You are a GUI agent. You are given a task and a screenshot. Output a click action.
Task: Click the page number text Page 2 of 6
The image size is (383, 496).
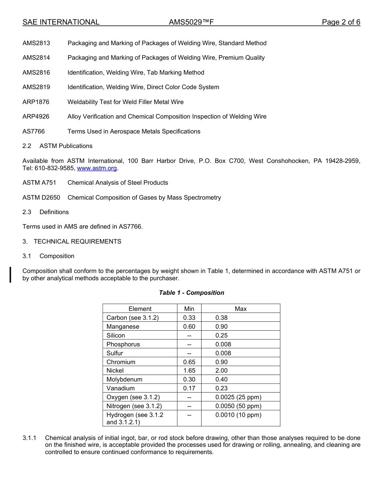pyautogui.click(x=341, y=22)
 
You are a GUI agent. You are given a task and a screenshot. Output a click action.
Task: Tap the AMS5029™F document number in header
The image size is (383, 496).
pyautogui.click(x=191, y=22)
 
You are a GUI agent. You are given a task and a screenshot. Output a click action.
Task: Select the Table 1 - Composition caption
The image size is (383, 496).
pyautogui.click(x=191, y=293)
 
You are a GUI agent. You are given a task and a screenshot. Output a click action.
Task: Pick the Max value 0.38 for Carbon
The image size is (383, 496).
pyautogui.click(x=221, y=318)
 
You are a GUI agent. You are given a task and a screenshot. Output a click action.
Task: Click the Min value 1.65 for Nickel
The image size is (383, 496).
pyautogui.click(x=189, y=371)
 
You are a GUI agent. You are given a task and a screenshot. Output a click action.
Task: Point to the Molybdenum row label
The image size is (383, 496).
pyautogui.click(x=124, y=379)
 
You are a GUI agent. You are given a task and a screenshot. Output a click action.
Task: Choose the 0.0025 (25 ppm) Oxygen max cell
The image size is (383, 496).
pyautogui.click(x=238, y=397)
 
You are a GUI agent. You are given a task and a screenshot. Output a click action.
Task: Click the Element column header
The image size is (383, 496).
pyautogui.click(x=140, y=309)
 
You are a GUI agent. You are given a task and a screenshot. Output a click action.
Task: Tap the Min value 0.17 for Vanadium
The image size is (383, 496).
pyautogui.click(x=189, y=388)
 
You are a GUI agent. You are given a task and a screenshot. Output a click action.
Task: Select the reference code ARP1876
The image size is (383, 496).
pyautogui.click(x=36, y=102)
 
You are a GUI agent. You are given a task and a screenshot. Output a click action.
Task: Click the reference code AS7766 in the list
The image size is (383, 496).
pyautogui.click(x=33, y=131)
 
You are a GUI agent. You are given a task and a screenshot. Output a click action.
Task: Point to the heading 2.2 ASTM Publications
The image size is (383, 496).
pyautogui.click(x=57, y=146)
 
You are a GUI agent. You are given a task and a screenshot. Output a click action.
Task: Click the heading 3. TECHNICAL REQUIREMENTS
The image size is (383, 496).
pyautogui.click(x=72, y=242)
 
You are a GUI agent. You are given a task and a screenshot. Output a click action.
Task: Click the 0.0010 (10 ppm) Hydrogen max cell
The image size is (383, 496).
pyautogui.click(x=238, y=415)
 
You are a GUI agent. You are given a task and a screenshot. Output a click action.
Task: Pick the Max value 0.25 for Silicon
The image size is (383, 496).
pyautogui.click(x=221, y=336)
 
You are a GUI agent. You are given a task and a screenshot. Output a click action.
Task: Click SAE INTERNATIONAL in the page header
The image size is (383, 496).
pyautogui.click(x=61, y=22)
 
